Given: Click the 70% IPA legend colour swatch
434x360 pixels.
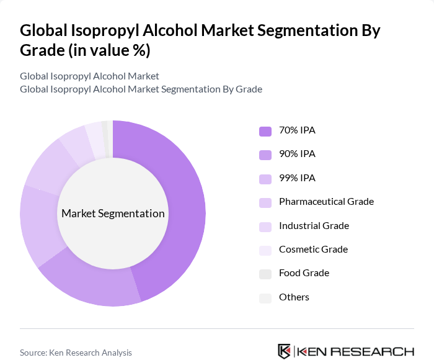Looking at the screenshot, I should (265, 131).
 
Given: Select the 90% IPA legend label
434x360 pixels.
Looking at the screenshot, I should (297, 154).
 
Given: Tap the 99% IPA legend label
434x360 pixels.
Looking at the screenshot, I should (297, 178).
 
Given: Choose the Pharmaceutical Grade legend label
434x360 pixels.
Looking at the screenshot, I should (326, 202).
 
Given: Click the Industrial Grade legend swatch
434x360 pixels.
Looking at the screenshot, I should (265, 227).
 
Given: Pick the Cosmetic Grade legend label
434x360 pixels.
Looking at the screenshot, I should (313, 250).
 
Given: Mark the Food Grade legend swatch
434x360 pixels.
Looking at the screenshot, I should (265, 274).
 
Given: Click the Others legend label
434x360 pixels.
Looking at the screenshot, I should (294, 297).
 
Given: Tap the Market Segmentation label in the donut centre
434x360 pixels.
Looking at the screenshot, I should (113, 214).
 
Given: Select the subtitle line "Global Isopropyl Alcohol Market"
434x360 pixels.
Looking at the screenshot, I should (89, 76).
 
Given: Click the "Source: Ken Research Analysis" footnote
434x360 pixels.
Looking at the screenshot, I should (76, 353).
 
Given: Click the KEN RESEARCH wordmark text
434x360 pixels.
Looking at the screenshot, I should (356, 352).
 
